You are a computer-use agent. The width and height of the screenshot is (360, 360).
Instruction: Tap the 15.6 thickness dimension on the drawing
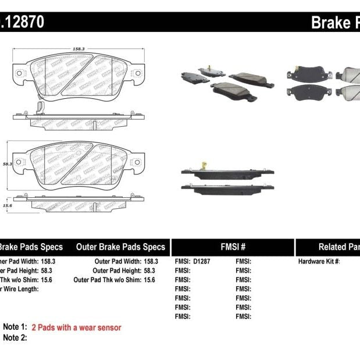pyautogui.click(x=8, y=205)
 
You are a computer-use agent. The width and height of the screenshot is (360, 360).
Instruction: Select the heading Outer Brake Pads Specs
pyautogui.click(x=120, y=247)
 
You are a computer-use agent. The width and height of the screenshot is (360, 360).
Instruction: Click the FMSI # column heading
pyautogui.click(x=233, y=247)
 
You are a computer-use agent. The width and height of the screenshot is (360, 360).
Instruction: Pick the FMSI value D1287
pyautogui.click(x=202, y=262)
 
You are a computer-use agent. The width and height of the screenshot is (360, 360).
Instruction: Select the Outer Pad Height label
pyautogui.click(x=116, y=270)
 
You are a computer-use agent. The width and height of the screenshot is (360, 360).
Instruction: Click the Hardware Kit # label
pyautogui.click(x=319, y=262)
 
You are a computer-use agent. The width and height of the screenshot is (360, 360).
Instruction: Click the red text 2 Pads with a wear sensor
pyautogui.click(x=76, y=327)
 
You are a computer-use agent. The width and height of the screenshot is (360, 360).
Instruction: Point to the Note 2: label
pyautogui.click(x=15, y=338)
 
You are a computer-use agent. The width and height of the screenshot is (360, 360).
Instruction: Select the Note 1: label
pyautogui.click(x=15, y=327)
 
